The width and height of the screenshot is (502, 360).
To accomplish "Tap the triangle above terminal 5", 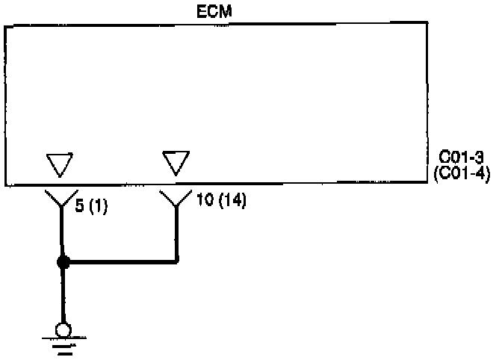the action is (x=60, y=164).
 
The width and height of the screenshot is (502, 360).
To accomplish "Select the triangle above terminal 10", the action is (x=176, y=162).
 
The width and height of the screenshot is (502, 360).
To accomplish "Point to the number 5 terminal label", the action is (x=80, y=207).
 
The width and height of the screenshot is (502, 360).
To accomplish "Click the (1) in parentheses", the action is (x=98, y=207).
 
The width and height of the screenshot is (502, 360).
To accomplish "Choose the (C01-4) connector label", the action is (x=461, y=175).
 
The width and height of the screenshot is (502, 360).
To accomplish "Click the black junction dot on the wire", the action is (x=63, y=262).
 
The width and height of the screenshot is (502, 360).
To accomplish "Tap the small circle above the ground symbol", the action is (x=63, y=328).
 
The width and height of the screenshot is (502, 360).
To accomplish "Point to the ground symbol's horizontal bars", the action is (x=63, y=344).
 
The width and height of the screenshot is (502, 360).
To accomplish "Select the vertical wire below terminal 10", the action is (x=177, y=235).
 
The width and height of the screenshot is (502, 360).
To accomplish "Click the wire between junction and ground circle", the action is (x=63, y=295).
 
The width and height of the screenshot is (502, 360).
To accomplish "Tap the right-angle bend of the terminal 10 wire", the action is (x=177, y=261).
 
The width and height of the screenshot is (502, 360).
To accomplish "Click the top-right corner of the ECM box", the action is (x=427, y=23).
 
